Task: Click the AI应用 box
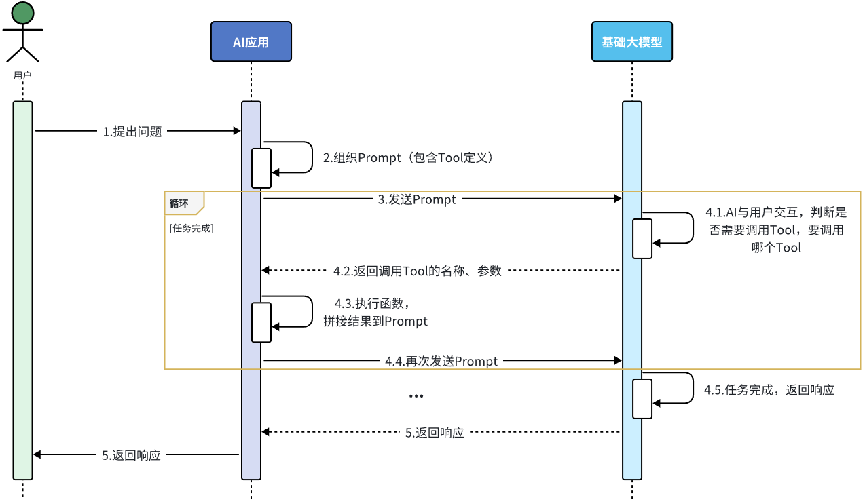pyautogui.click(x=251, y=42)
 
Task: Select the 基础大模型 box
pyautogui.click(x=631, y=42)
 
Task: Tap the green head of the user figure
pyautogui.click(x=22, y=13)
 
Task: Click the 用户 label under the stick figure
pyautogui.click(x=22, y=75)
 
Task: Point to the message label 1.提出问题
pyautogui.click(x=132, y=132)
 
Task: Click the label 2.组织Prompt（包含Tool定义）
pyautogui.click(x=407, y=158)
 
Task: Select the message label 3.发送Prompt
pyautogui.click(x=418, y=199)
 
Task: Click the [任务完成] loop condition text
pyautogui.click(x=191, y=229)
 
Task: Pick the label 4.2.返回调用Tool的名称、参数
pyautogui.click(x=418, y=271)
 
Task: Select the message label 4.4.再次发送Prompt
pyautogui.click(x=441, y=362)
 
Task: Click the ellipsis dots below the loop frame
pyautogui.click(x=416, y=396)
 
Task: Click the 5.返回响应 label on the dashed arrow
pyautogui.click(x=435, y=433)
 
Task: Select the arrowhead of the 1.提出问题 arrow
pyautogui.click(x=237, y=131)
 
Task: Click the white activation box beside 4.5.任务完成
pyautogui.click(x=642, y=398)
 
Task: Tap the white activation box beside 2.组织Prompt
pyautogui.click(x=261, y=168)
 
